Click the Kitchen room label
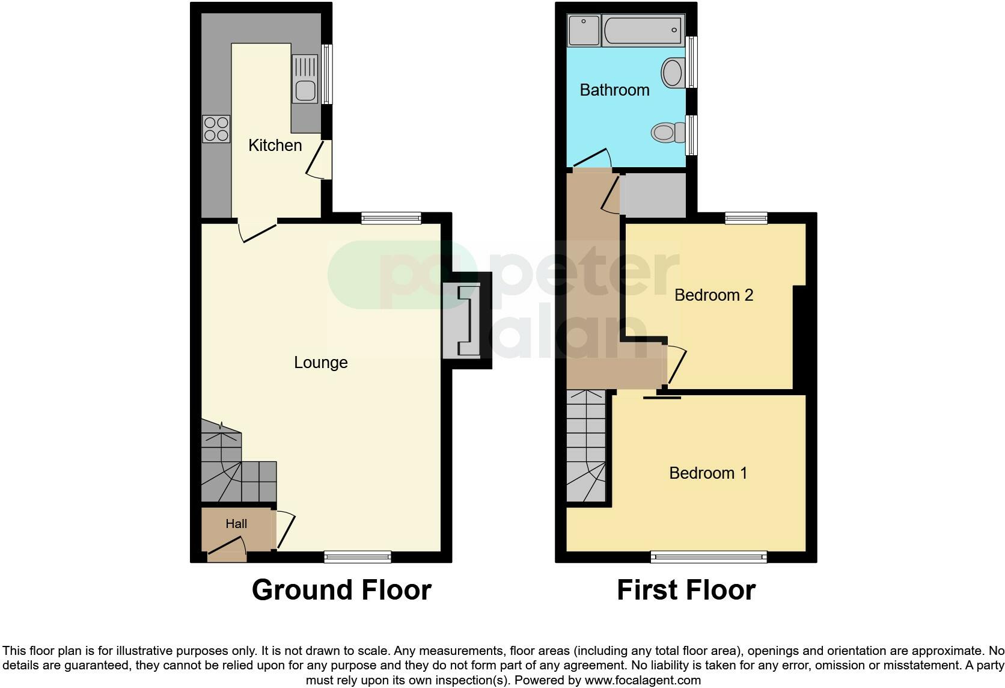click(275, 146)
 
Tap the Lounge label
click(320, 363)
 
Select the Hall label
click(236, 524)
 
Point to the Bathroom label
click(614, 90)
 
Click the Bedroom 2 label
click(713, 295)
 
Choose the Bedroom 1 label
click(708, 473)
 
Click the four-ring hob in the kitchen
click(216, 129)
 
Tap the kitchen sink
click(305, 79)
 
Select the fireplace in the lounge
click(463, 321)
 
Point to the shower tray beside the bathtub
click(584, 30)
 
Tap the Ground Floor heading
click(341, 590)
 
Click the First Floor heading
click(686, 590)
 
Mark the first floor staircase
click(586, 446)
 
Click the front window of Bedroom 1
click(709, 557)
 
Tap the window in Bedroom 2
click(746, 218)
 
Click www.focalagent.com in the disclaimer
click(642, 681)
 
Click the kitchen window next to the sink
click(326, 75)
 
